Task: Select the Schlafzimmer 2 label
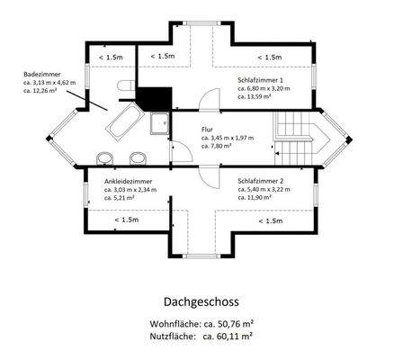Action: tap(262, 181)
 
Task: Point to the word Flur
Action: tap(208, 129)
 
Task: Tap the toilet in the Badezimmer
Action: tap(125, 85)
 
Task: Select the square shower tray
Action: tap(160, 123)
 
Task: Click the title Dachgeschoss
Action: tap(196, 303)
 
